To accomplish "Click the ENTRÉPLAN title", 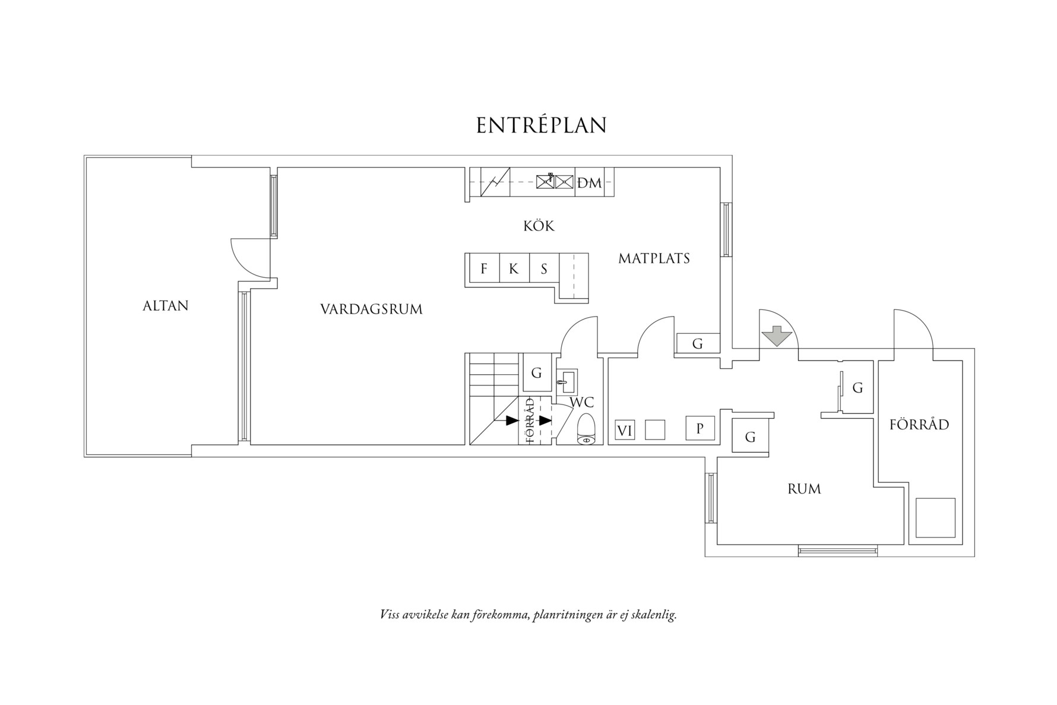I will (x=541, y=125).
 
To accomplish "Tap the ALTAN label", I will (x=166, y=306).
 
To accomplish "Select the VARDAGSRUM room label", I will (x=371, y=309).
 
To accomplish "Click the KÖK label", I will (x=539, y=226).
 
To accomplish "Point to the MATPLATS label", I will (x=654, y=259).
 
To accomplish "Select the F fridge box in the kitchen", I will (x=484, y=269).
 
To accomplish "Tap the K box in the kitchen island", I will (x=514, y=269).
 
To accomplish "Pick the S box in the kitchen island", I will (x=544, y=269).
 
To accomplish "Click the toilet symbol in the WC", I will (x=586, y=428).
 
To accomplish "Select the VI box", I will (x=624, y=431).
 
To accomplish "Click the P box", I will (x=700, y=428).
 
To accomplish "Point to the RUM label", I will (x=804, y=489).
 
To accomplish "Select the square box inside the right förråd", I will (x=935, y=517).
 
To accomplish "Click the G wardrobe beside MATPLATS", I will (x=698, y=343).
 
